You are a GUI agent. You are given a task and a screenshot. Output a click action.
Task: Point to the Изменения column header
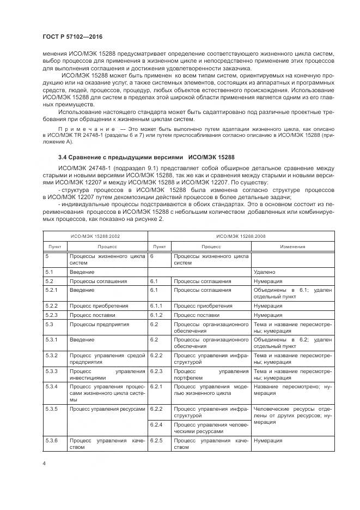click(x=292, y=247)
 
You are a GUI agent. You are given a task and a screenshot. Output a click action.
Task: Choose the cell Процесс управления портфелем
click(x=210, y=375)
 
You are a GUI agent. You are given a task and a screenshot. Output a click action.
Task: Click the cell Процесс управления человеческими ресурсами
click(x=210, y=427)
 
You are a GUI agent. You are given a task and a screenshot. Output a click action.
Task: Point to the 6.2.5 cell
click(x=156, y=440)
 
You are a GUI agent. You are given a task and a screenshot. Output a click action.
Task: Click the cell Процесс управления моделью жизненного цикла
click(x=210, y=390)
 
